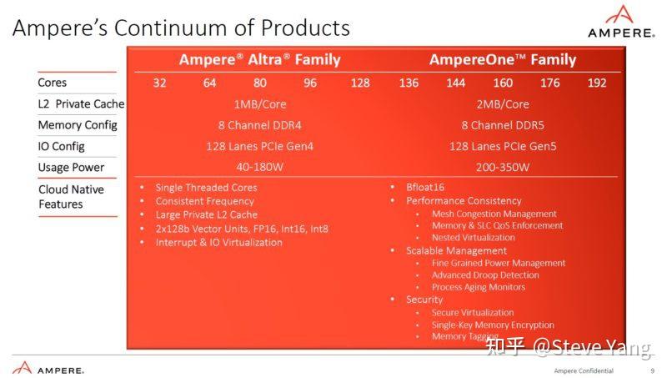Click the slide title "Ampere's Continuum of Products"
tap(181, 28)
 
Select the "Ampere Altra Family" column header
tap(259, 59)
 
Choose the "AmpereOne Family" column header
tap(502, 59)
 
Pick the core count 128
tap(360, 83)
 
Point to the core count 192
tap(596, 83)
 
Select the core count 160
tap(503, 83)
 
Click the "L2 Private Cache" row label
tap(81, 104)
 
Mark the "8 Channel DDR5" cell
tap(502, 125)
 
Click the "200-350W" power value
tap(502, 167)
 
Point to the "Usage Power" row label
tap(71, 167)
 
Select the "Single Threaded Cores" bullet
tap(206, 188)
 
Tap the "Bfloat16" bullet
tap(426, 188)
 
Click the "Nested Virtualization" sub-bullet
tap(473, 237)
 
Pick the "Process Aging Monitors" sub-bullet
tap(478, 287)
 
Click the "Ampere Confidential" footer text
tap(583, 370)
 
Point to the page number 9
tap(652, 370)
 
